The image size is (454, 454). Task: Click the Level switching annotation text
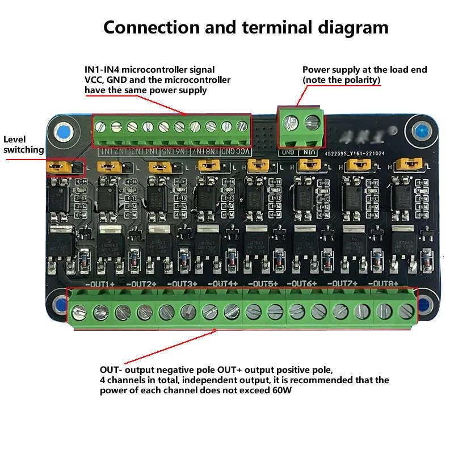23,145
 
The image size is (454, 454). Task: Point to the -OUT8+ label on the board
383,283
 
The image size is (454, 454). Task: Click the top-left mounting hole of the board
62,132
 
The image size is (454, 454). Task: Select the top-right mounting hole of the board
421,131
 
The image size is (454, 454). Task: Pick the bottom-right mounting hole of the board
423,304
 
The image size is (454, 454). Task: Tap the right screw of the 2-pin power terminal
311,121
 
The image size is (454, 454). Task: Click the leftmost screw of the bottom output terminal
79,311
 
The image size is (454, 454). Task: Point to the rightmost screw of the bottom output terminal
405,310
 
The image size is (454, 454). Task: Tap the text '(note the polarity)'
341,80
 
